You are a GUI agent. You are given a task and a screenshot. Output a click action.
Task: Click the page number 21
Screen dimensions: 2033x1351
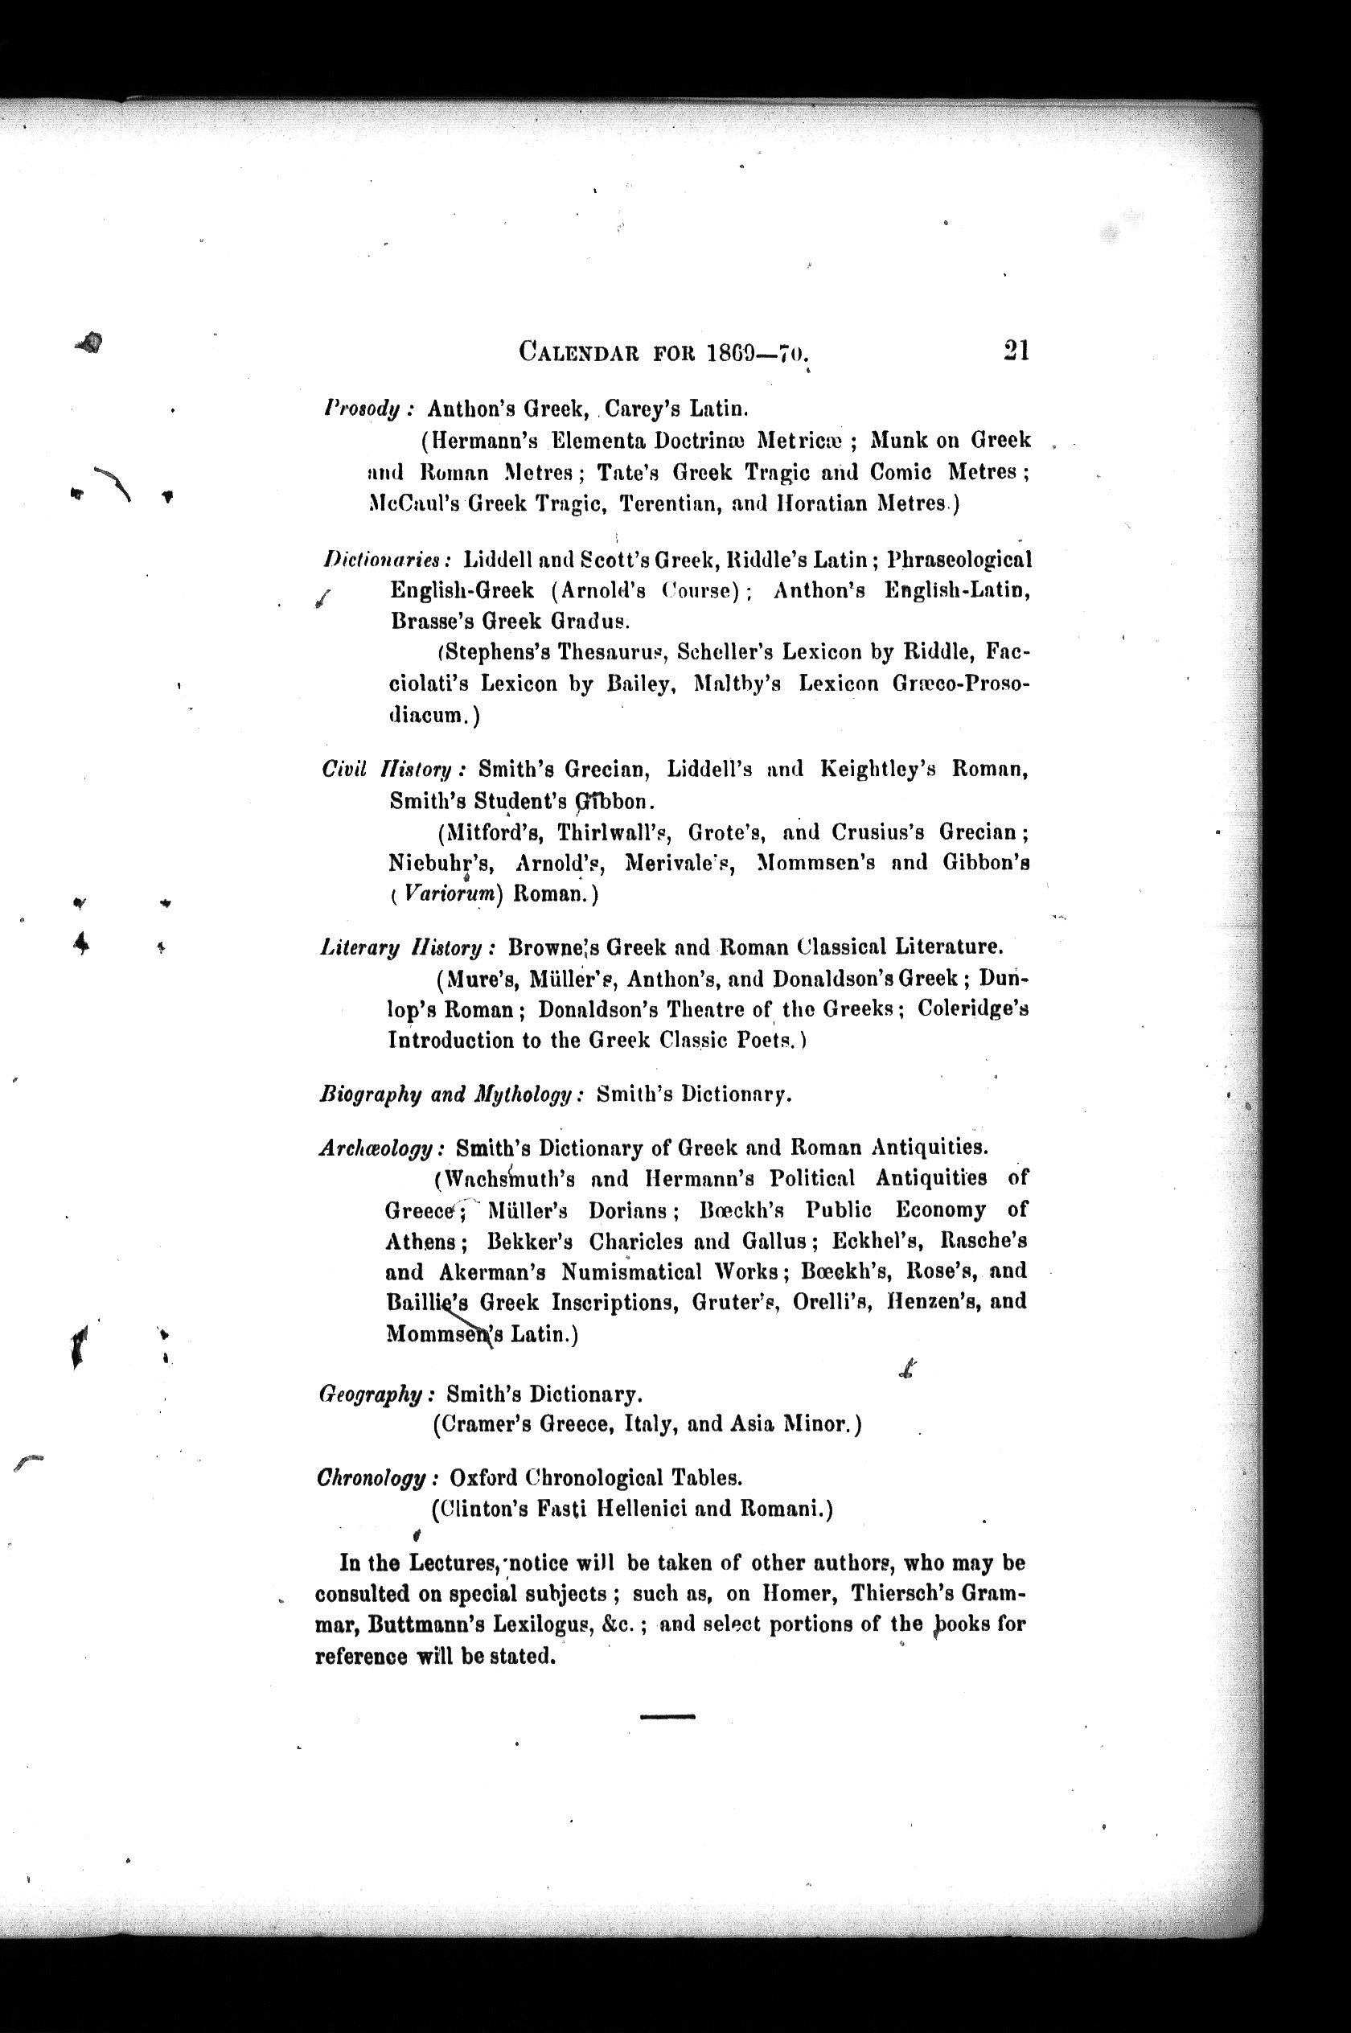click(1016, 351)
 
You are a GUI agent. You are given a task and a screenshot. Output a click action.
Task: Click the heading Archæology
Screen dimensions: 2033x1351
click(379, 1148)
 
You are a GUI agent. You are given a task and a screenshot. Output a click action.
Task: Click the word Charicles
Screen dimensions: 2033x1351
click(638, 1242)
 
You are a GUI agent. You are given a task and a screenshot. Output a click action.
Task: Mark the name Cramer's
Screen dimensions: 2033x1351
click(482, 1424)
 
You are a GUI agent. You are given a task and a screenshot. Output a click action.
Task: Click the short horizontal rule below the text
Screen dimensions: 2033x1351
click(667, 1717)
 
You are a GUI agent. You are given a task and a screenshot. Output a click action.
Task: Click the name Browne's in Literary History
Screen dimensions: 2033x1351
click(552, 947)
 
